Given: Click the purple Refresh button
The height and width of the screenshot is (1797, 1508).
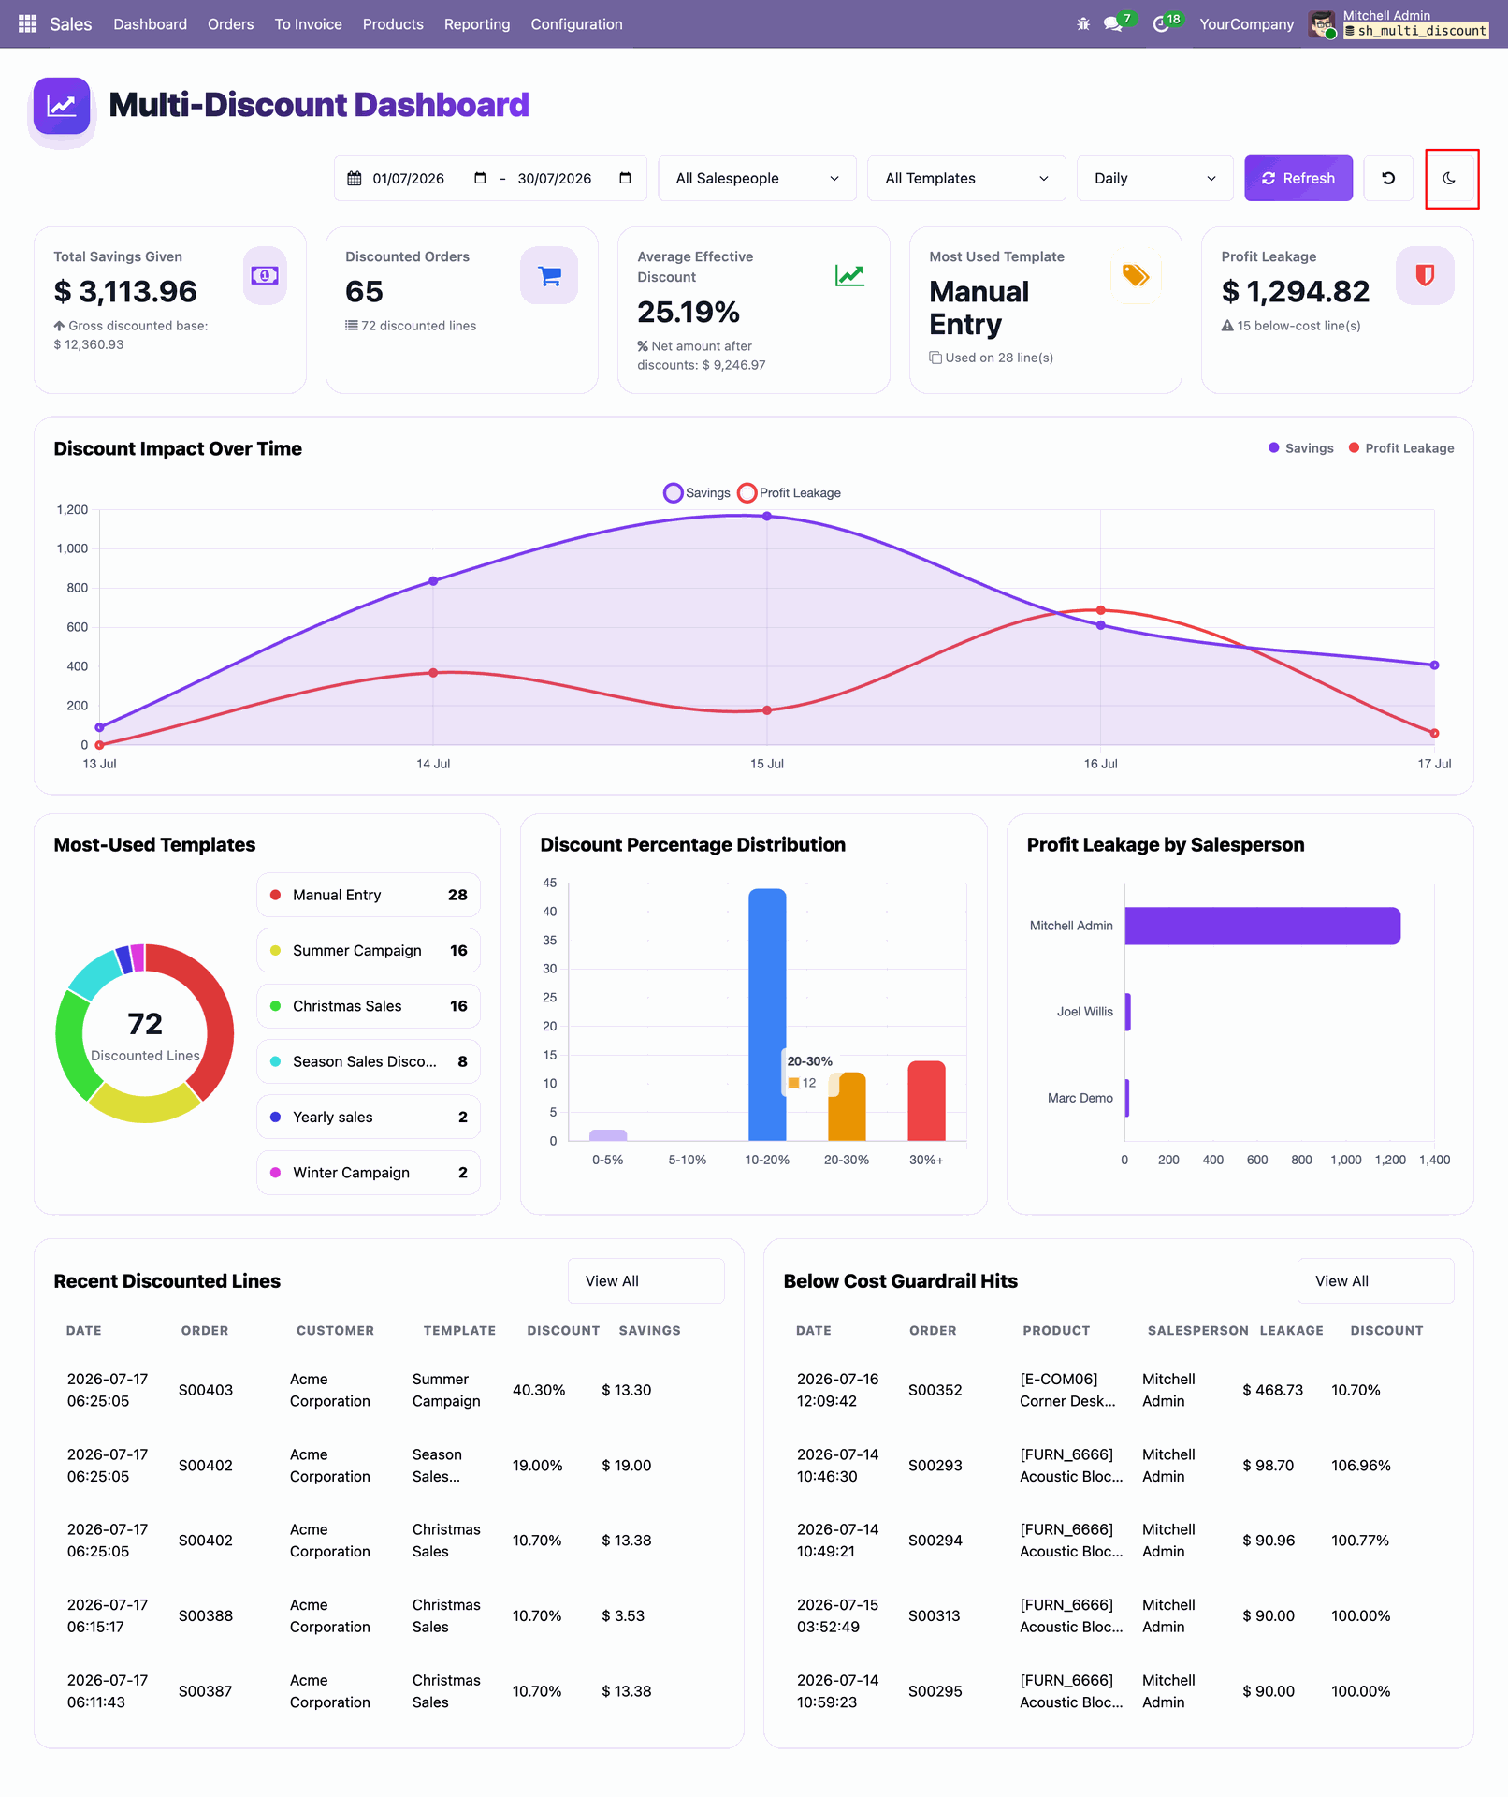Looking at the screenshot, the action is pyautogui.click(x=1298, y=178).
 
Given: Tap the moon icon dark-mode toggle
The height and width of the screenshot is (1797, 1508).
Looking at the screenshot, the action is pyautogui.click(x=1449, y=178).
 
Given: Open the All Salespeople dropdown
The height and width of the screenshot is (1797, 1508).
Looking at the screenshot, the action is pyautogui.click(x=757, y=178).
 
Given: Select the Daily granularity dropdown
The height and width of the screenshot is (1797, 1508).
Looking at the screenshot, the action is pyautogui.click(x=1154, y=178).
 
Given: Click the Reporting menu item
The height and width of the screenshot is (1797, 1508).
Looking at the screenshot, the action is pyautogui.click(x=477, y=24).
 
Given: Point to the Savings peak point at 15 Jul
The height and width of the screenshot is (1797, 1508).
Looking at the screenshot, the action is pyautogui.click(x=767, y=516).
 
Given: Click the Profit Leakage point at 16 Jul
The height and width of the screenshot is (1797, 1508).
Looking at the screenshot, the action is pyautogui.click(x=1100, y=610).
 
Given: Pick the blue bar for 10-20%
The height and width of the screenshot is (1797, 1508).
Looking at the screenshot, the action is pyautogui.click(x=767, y=1015).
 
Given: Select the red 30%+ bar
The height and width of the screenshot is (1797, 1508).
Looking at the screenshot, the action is pyautogui.click(x=926, y=1101).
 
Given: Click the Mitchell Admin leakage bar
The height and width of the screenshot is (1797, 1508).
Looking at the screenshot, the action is pyautogui.click(x=1262, y=926).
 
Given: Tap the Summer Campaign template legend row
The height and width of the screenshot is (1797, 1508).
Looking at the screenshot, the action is pyautogui.click(x=369, y=950).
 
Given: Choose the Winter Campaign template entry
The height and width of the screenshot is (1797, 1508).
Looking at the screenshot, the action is pyautogui.click(x=369, y=1173).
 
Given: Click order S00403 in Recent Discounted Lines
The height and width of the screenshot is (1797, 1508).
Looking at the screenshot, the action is pyautogui.click(x=206, y=1390).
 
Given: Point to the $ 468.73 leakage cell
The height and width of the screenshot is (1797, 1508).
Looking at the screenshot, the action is pyautogui.click(x=1272, y=1390).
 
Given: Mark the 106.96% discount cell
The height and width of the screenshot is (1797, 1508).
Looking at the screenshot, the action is pyautogui.click(x=1361, y=1465).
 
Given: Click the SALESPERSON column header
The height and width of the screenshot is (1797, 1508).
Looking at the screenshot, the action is pyautogui.click(x=1197, y=1330).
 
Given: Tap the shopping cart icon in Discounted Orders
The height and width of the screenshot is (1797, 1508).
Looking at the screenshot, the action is pyautogui.click(x=549, y=275).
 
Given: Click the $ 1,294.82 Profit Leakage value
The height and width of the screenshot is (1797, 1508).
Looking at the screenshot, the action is pyautogui.click(x=1296, y=292).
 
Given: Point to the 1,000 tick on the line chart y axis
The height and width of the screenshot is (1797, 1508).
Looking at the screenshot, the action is pyautogui.click(x=72, y=548).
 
